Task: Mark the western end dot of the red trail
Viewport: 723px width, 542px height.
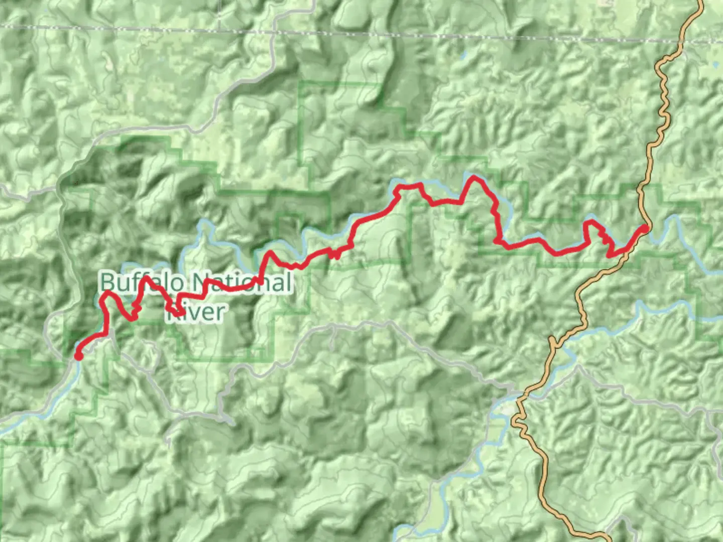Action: tap(78, 356)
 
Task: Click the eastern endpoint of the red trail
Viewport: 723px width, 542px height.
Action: tap(644, 229)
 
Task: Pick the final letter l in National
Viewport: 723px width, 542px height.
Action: tap(287, 282)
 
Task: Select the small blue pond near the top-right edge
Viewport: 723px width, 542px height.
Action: tap(715, 64)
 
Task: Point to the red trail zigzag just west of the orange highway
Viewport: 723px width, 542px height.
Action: tap(608, 241)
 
